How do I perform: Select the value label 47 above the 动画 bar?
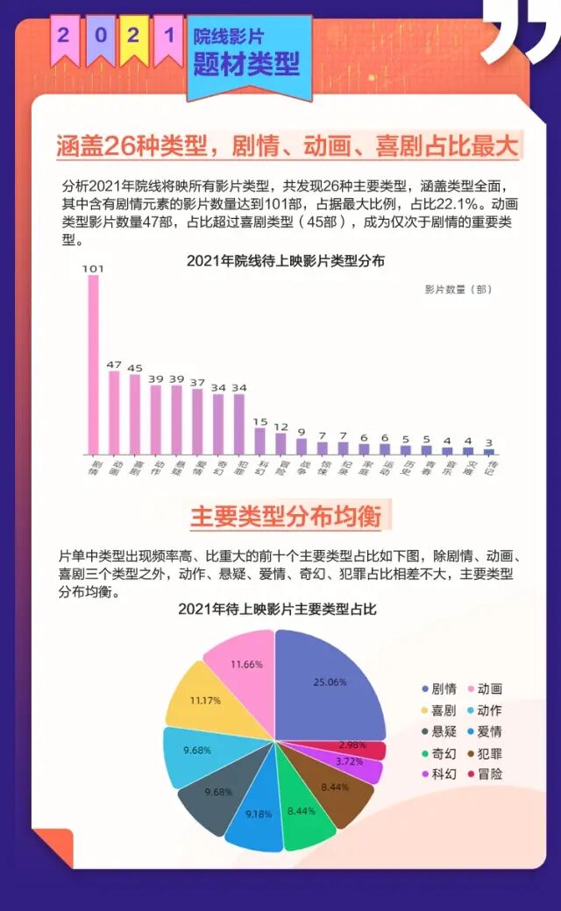point(114,364)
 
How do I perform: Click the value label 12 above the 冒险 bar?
point(280,427)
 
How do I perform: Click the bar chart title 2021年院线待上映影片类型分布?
point(286,260)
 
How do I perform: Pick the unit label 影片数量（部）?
point(458,288)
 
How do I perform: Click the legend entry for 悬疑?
point(439,731)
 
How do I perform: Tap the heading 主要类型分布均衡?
point(286,516)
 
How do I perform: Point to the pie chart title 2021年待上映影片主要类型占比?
point(277,609)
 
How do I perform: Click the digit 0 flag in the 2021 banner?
point(101,36)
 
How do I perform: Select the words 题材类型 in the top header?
point(246,63)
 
